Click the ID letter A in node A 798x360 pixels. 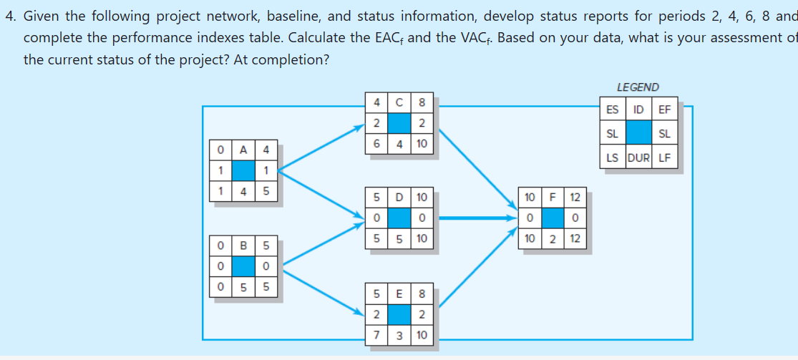coord(244,150)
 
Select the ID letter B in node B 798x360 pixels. coord(244,245)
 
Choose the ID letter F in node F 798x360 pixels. coord(552,197)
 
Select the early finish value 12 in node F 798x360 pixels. coord(574,197)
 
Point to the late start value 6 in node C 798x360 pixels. coord(377,144)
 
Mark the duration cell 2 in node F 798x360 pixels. coord(552,238)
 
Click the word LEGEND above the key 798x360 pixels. coord(637,87)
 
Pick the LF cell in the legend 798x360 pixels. coord(664,158)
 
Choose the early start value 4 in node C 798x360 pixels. coord(377,102)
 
